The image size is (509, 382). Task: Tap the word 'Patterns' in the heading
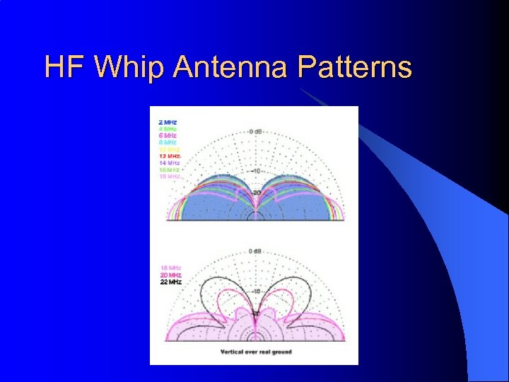pyautogui.click(x=354, y=68)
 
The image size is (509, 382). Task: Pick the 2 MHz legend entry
pyautogui.click(x=168, y=122)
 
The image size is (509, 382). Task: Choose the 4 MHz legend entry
pyautogui.click(x=168, y=129)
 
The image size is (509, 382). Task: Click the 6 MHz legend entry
pyautogui.click(x=168, y=136)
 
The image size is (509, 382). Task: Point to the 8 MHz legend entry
pyautogui.click(x=168, y=142)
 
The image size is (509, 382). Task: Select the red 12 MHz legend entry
pyautogui.click(x=170, y=156)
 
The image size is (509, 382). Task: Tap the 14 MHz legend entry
pyautogui.click(x=170, y=163)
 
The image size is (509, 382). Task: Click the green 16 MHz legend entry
pyautogui.click(x=170, y=170)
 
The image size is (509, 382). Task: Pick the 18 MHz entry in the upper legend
pyautogui.click(x=170, y=176)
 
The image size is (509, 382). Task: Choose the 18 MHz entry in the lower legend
pyautogui.click(x=170, y=268)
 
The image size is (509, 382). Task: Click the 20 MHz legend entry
pyautogui.click(x=170, y=275)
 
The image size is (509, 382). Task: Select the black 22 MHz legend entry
pyautogui.click(x=170, y=282)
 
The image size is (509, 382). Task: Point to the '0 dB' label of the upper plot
pyautogui.click(x=255, y=131)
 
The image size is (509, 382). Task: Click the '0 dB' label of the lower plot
pyautogui.click(x=255, y=251)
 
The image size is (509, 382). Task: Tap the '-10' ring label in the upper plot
pyautogui.click(x=257, y=170)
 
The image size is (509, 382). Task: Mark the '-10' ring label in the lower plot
pyautogui.click(x=257, y=291)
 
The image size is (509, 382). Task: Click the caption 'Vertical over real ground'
pyautogui.click(x=255, y=352)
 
